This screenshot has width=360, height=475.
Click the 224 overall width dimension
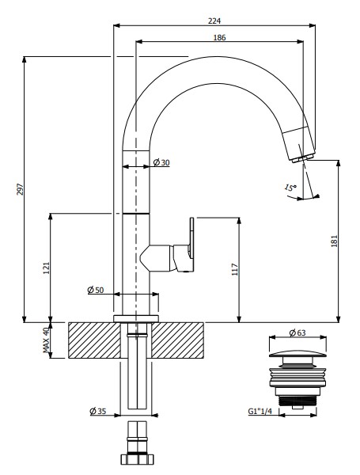[x=214, y=21]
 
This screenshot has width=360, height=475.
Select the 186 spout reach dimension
[x=219, y=37]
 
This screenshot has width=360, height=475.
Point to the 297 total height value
[x=20, y=189]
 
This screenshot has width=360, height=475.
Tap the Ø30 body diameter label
[x=161, y=162]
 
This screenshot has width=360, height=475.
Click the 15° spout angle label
[x=290, y=188]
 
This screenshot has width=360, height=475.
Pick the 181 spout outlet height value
[x=334, y=241]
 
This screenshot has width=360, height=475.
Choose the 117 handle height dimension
[x=235, y=269]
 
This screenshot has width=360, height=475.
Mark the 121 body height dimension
[x=46, y=268]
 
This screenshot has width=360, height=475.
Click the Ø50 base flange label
[x=96, y=290]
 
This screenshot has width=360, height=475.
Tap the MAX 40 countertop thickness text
[x=46, y=340]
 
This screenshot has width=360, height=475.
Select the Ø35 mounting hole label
[x=98, y=411]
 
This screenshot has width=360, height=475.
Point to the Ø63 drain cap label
[x=297, y=333]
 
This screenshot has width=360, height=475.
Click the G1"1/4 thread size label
[x=260, y=411]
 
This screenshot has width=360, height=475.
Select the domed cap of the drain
[x=297, y=354]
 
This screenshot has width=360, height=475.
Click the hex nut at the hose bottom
[x=137, y=459]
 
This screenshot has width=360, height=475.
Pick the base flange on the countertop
[x=136, y=318]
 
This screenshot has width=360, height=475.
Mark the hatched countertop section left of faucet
[x=94, y=340]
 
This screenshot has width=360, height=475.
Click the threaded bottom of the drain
[x=297, y=401]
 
